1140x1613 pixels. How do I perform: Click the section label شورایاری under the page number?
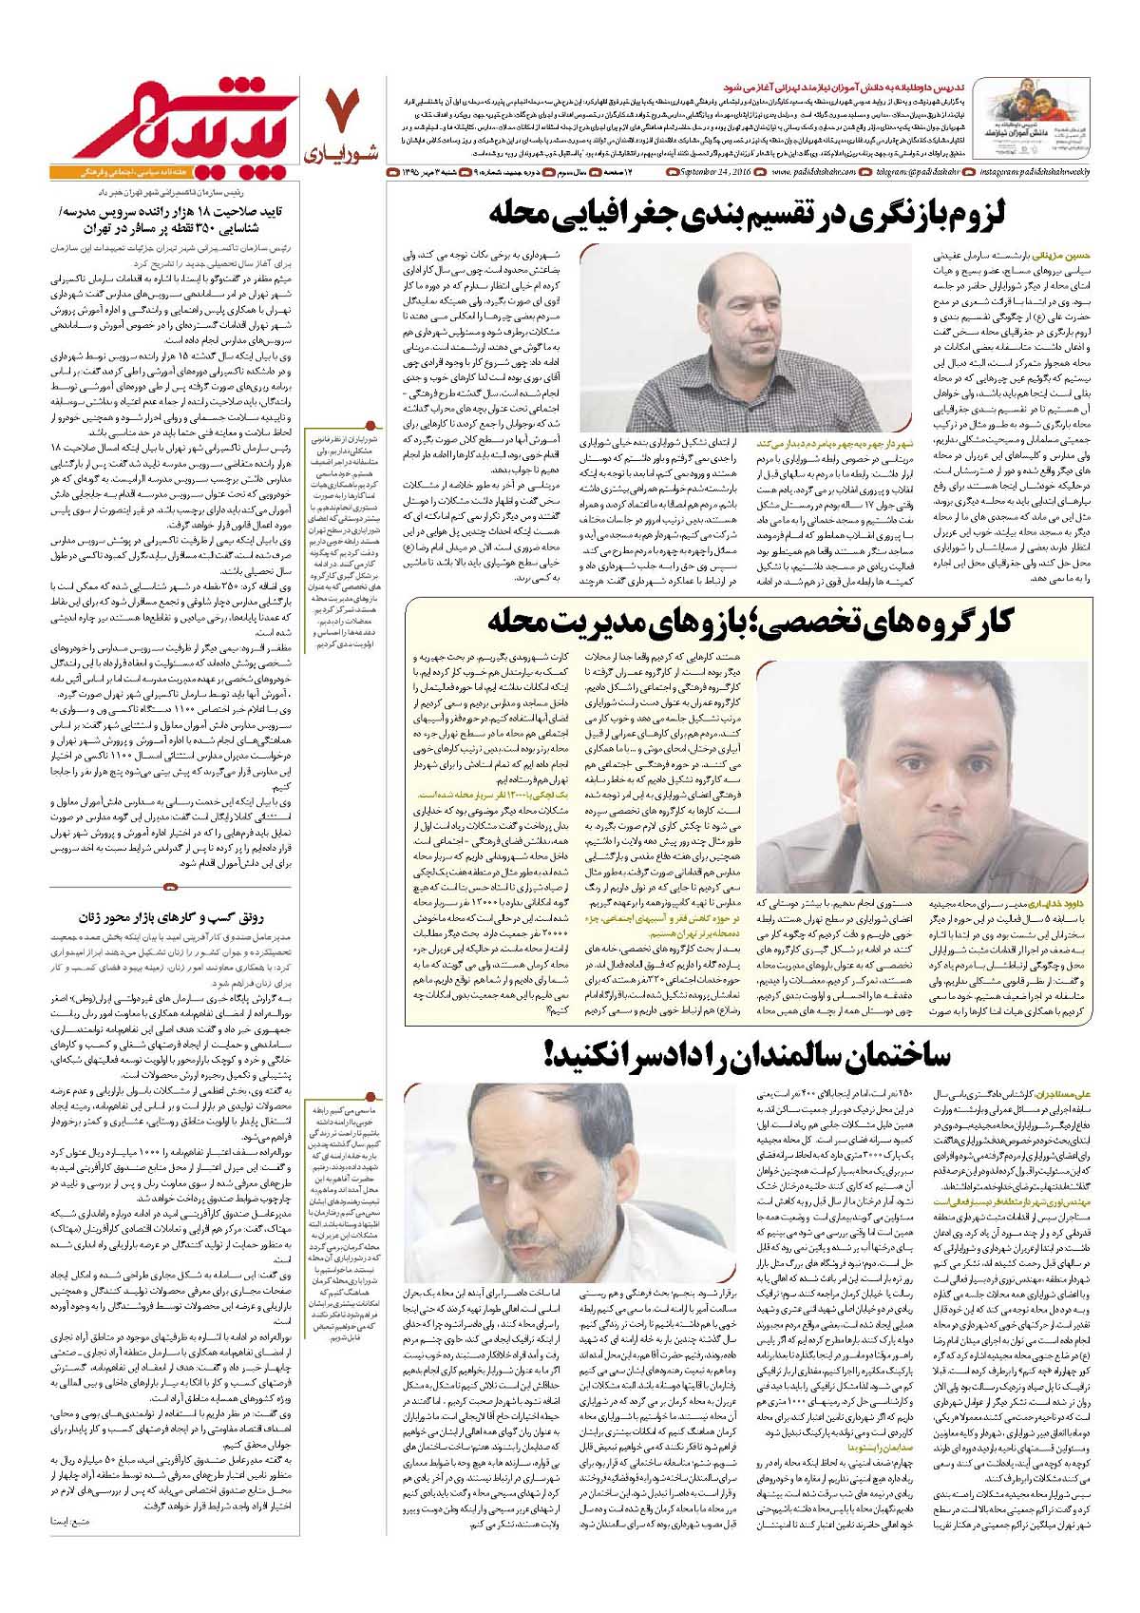[346, 151]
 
